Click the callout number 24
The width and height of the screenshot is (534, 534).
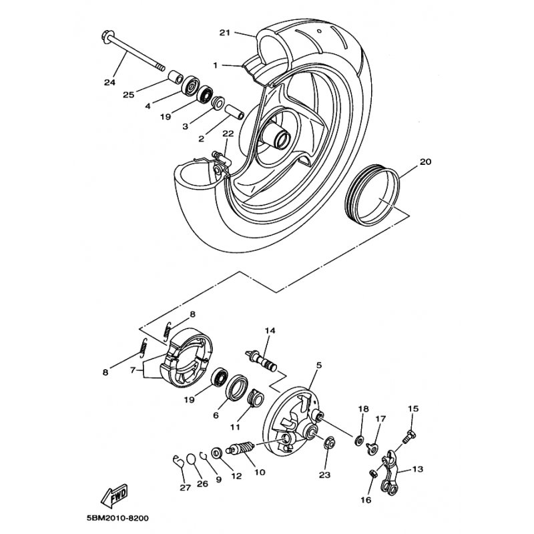click(x=109, y=83)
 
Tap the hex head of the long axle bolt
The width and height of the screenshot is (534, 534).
click(x=107, y=35)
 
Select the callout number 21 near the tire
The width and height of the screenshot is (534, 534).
click(x=224, y=33)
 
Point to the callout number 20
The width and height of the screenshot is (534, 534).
click(x=425, y=162)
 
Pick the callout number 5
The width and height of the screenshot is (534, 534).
click(x=319, y=365)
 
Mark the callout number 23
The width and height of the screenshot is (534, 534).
click(x=325, y=475)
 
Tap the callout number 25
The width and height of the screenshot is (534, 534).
click(x=129, y=94)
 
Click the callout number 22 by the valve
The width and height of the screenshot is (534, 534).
click(x=228, y=133)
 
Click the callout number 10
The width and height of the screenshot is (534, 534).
click(x=260, y=472)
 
